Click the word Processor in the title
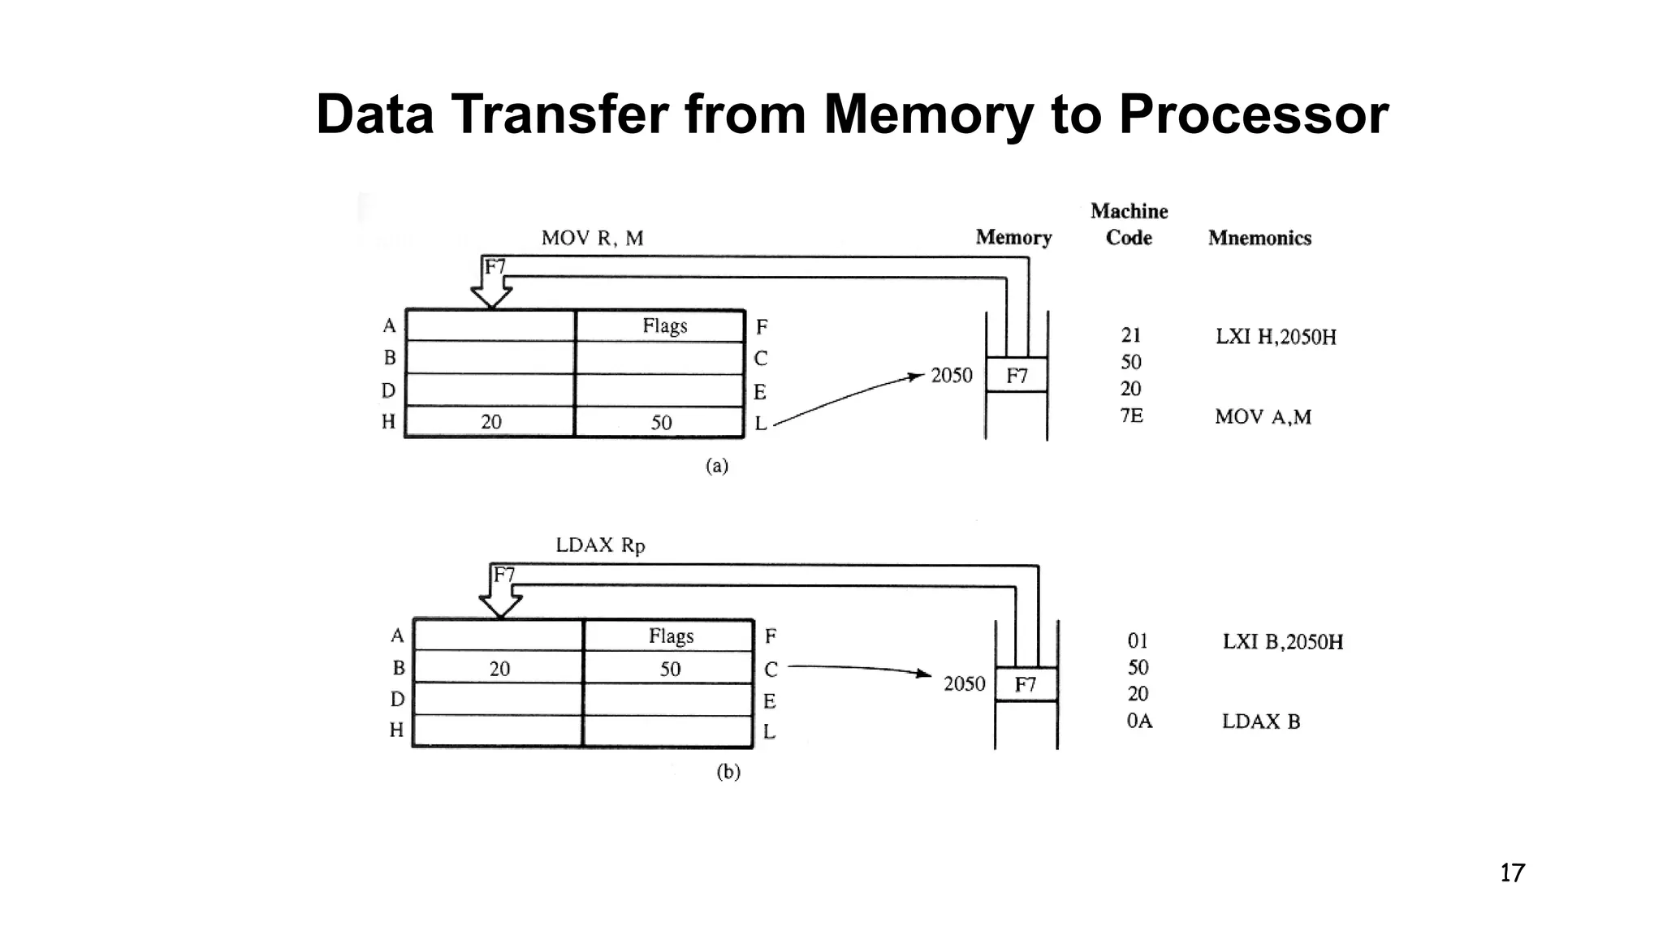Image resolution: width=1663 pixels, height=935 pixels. [1253, 115]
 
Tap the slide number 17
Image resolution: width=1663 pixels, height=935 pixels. [1512, 873]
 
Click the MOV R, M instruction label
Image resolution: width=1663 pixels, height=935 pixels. [592, 239]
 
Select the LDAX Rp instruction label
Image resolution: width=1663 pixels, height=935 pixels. [600, 545]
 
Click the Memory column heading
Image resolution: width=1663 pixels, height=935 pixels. [1013, 238]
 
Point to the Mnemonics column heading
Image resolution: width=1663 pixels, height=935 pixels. [1259, 238]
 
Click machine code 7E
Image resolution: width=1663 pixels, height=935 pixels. [1131, 416]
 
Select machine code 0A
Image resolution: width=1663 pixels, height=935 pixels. [1138, 721]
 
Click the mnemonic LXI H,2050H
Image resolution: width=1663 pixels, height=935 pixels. [1275, 337]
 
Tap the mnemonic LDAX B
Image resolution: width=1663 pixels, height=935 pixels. [1260, 722]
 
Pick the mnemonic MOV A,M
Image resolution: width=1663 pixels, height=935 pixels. [1263, 417]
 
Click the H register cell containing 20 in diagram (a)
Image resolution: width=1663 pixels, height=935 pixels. [490, 422]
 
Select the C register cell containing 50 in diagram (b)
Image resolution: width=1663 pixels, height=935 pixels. [669, 669]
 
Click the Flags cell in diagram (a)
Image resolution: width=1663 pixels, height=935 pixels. [664, 326]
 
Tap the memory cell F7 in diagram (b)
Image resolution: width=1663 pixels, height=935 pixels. [1026, 684]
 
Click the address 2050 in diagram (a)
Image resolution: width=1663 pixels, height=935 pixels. [951, 376]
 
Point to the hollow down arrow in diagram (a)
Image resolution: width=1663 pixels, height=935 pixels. [491, 289]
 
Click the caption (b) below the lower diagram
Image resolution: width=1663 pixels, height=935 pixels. [728, 772]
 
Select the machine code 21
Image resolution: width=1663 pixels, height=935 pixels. [1131, 335]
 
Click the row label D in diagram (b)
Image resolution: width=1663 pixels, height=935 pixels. [397, 699]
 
